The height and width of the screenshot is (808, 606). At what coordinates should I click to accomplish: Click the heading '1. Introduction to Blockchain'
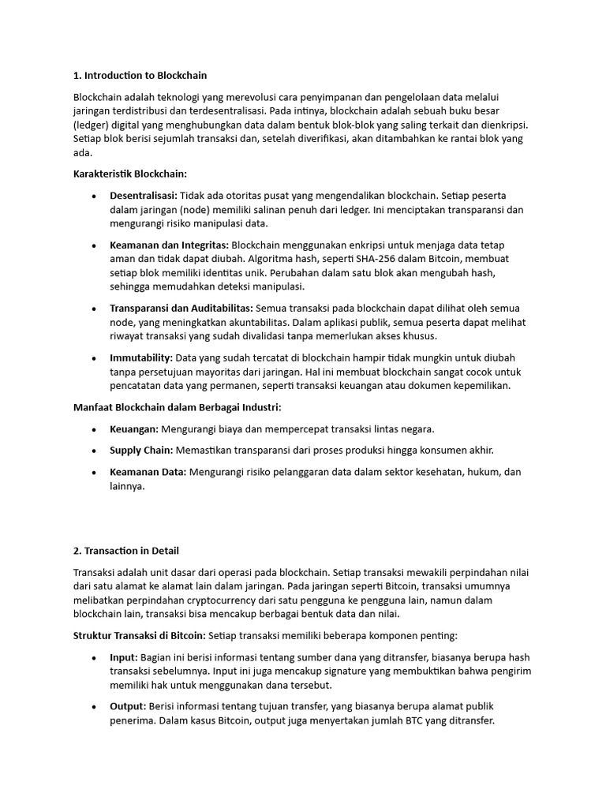coord(140,76)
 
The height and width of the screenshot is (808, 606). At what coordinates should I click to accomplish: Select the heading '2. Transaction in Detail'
coord(131,551)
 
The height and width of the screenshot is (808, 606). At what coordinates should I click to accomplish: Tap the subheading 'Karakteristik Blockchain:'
coord(130,174)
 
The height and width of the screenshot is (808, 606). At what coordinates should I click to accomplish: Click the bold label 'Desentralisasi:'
coord(144,196)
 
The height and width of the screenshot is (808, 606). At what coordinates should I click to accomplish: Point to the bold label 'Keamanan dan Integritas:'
coord(169,245)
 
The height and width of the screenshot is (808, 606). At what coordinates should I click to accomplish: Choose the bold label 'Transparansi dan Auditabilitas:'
coord(181,309)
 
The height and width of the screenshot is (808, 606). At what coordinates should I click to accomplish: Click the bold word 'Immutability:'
coord(140,357)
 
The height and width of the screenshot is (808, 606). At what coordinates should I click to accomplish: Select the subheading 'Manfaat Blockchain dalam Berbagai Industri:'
coord(177,407)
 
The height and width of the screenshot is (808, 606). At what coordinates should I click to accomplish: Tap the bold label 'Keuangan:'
coord(134,429)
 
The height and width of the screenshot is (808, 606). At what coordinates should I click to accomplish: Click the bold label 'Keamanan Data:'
coord(148,472)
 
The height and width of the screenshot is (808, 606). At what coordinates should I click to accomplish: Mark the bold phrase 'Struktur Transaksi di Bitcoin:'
coord(139,635)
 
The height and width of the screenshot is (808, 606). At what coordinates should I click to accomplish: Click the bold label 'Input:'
coord(124,657)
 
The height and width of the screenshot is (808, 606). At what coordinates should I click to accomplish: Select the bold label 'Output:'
coord(128,706)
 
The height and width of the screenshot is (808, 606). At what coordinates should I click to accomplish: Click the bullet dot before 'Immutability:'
coord(94,358)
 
